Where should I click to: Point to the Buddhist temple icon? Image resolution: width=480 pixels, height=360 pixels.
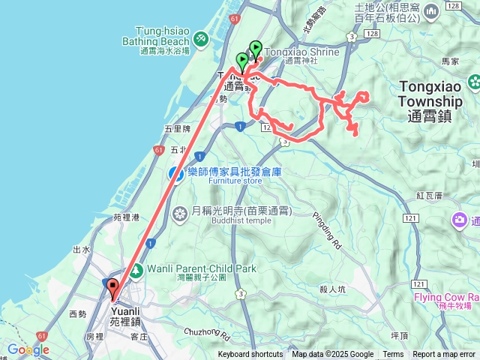180,215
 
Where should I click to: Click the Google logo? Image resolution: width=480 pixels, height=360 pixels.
28,349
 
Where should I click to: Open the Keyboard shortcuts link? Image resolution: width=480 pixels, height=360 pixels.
250,355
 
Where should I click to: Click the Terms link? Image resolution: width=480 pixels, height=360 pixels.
393,355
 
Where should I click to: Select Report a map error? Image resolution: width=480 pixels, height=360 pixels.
444,355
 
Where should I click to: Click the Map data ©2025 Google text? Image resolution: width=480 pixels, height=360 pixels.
333,355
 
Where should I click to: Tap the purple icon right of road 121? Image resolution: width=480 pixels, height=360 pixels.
458,220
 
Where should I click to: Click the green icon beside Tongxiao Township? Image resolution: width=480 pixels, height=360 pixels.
473,81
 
